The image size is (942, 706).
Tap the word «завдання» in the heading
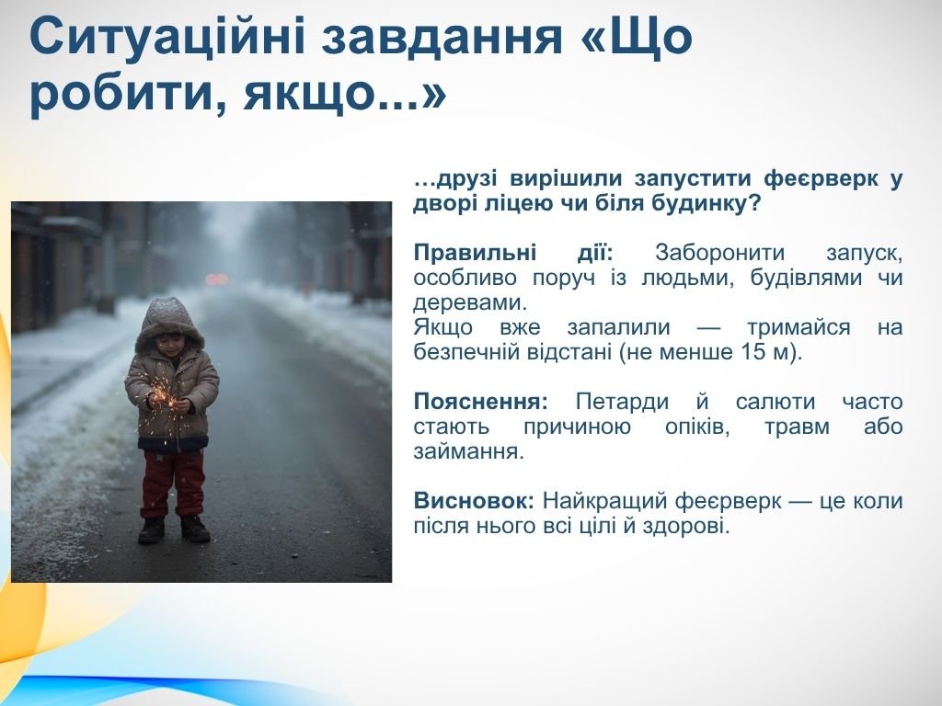pos(441,37)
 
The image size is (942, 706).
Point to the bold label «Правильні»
pos(475,253)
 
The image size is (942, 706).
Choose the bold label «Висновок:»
pos(474,500)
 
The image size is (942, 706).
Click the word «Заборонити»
pos(719,253)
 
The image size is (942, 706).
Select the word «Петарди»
pos(622,402)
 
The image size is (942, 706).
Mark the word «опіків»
pos(697,427)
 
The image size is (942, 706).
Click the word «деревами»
pos(469,302)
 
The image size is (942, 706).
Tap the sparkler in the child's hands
pos(164,394)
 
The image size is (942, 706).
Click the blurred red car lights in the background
pos(217,279)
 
